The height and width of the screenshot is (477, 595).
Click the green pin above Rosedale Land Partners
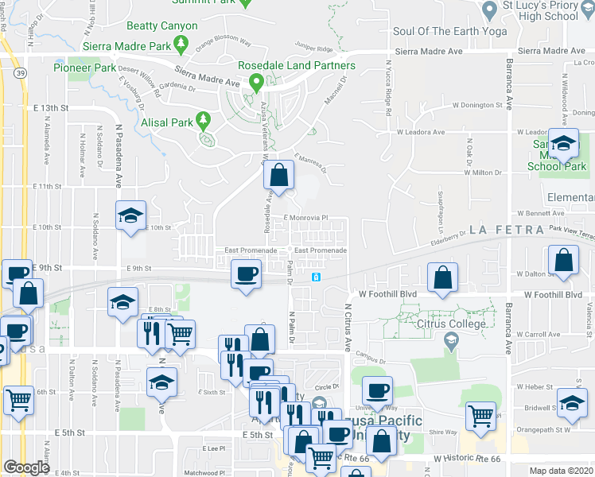tap(256, 81)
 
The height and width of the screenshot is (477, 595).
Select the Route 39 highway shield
tap(17, 73)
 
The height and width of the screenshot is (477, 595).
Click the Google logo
tap(27, 467)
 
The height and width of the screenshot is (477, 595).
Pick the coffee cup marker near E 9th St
tap(246, 275)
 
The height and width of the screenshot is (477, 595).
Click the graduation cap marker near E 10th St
tap(131, 215)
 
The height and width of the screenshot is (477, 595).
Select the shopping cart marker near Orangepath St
tap(480, 415)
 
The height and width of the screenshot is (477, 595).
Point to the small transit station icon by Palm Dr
tap(317, 277)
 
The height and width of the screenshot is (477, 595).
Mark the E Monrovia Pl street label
tap(306, 217)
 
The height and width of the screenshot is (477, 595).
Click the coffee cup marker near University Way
tap(377, 391)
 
